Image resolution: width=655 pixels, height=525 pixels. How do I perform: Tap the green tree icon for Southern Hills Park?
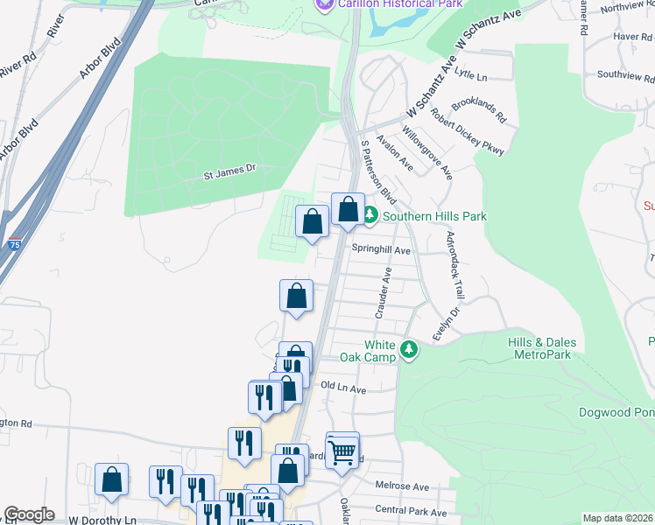[x=370, y=214]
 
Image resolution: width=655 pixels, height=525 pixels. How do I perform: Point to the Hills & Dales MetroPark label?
[x=539, y=348]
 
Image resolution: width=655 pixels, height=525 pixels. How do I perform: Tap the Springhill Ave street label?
[x=381, y=249]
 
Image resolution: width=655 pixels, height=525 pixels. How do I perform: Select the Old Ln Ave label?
[x=342, y=386]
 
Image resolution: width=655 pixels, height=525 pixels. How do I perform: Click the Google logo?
[x=29, y=514]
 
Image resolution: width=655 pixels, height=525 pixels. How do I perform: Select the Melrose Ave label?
[x=402, y=486]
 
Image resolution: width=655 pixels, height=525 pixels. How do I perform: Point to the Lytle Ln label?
[x=470, y=77]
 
